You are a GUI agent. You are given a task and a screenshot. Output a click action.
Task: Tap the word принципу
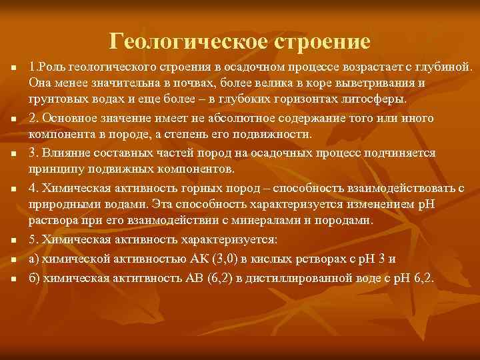[52, 169]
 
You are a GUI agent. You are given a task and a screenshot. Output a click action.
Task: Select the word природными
[57, 203]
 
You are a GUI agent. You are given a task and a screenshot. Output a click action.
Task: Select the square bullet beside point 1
[12, 68]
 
